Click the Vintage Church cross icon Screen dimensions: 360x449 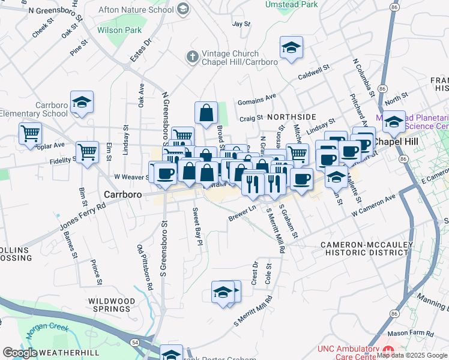coord(192,57)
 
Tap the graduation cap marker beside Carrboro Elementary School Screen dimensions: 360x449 coord(82,103)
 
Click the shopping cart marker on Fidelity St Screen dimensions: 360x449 coord(87,152)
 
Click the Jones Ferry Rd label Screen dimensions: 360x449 coord(82,217)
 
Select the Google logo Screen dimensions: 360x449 coord(20,353)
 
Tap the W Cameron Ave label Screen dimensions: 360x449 coord(374,205)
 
